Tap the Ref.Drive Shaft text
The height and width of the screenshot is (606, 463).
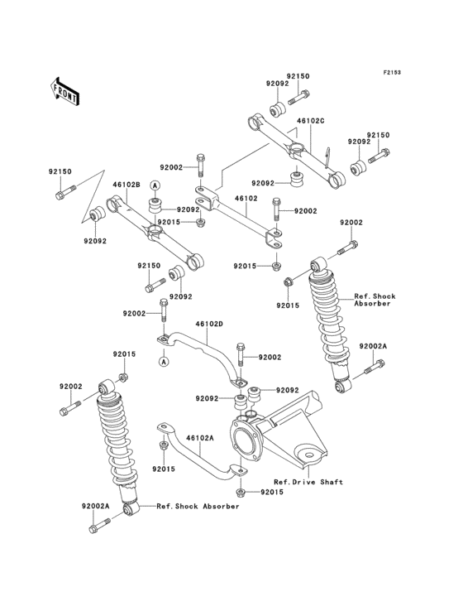pos(308,481)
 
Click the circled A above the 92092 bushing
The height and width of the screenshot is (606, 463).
pos(154,183)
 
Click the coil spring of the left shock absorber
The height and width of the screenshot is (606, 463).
pos(114,439)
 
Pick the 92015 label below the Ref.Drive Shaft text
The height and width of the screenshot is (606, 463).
pos(272,493)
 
